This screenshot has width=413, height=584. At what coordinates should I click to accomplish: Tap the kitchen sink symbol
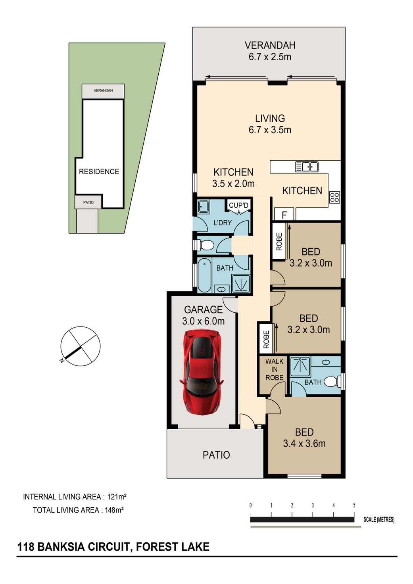click(x=306, y=167)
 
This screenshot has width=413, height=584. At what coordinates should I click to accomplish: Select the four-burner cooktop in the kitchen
click(x=334, y=197)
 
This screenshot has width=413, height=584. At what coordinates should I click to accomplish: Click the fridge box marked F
click(x=284, y=214)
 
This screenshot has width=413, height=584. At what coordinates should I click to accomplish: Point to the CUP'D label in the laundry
click(x=238, y=205)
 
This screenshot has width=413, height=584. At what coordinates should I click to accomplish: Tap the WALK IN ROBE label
click(x=274, y=369)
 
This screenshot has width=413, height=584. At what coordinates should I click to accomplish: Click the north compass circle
click(x=80, y=346)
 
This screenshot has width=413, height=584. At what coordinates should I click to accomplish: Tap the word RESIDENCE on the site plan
click(x=99, y=171)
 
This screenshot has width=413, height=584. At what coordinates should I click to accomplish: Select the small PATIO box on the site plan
click(x=88, y=202)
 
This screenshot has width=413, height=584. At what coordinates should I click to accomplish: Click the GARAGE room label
click(x=204, y=309)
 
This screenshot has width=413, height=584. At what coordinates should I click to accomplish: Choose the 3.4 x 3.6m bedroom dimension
click(x=304, y=443)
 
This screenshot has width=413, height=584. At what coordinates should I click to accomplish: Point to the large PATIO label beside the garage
click(x=216, y=455)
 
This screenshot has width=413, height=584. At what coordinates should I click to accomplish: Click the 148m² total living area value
click(x=114, y=510)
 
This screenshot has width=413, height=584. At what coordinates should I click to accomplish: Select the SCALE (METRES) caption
click(x=379, y=520)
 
